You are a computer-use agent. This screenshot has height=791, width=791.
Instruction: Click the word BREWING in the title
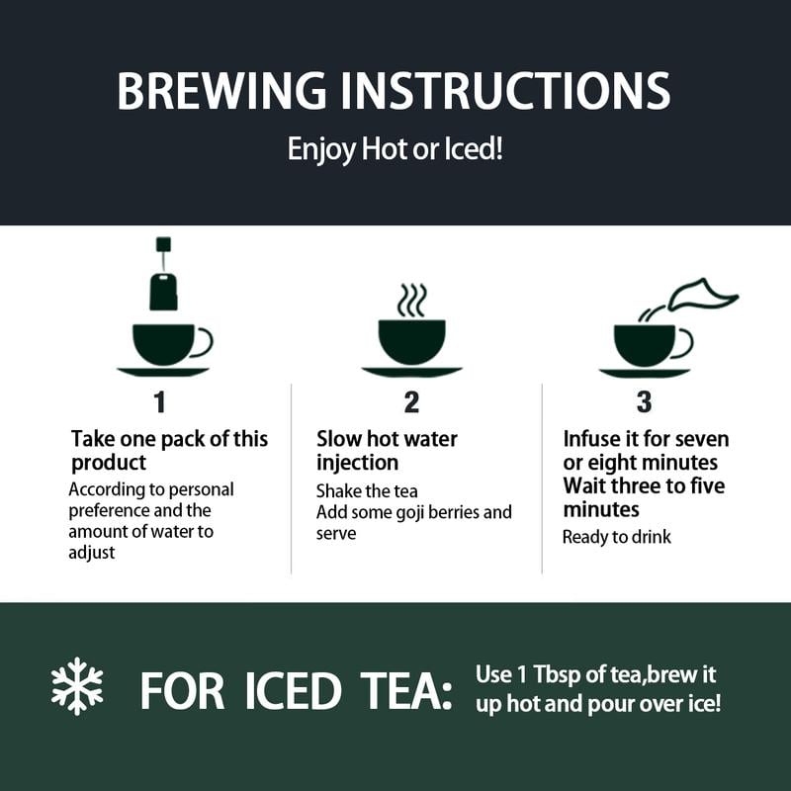tap(221, 91)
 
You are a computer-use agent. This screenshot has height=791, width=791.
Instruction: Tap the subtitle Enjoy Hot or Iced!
tap(395, 149)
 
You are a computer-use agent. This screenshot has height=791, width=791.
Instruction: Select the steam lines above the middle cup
tap(411, 301)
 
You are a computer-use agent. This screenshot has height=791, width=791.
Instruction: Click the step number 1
tap(160, 402)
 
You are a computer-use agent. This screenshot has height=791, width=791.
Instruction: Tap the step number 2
tap(411, 402)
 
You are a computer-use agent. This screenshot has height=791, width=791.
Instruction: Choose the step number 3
tap(645, 402)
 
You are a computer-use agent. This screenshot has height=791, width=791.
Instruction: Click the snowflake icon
tap(77, 686)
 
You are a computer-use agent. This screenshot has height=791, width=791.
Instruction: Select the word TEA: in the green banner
tap(406, 690)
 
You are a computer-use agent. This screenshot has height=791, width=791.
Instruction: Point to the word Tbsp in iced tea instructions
tap(557, 674)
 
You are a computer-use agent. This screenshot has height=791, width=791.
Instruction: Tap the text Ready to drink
tap(616, 537)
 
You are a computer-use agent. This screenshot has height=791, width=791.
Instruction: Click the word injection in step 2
tap(357, 463)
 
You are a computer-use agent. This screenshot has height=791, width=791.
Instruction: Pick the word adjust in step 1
tap(91, 553)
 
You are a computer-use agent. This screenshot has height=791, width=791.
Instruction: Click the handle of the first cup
tap(204, 342)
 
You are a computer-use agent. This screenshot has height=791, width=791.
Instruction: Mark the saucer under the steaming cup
tap(411, 372)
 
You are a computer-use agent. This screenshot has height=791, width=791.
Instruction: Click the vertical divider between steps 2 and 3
tap(542, 479)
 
